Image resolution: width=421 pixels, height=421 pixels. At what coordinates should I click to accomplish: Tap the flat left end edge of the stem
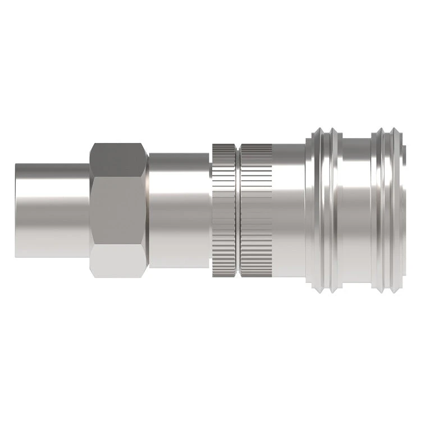[x=16, y=210]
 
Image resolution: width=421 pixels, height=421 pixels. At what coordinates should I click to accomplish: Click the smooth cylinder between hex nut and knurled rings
[x=180, y=210]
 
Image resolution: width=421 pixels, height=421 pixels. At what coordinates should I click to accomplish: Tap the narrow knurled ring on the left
[x=224, y=210]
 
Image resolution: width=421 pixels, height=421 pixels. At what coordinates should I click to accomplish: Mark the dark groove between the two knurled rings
[x=238, y=210]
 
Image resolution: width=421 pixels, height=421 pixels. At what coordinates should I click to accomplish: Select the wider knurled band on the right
[x=255, y=210]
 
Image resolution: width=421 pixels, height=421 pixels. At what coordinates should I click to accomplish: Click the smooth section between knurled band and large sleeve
[x=288, y=210]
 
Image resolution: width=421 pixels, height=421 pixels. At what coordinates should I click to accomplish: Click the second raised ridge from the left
[x=335, y=210]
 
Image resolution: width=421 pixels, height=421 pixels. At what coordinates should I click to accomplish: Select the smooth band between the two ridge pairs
[x=356, y=210]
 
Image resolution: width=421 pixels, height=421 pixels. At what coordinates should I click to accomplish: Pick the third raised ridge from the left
[x=378, y=210]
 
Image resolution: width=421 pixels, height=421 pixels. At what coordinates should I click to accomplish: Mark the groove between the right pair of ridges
[x=386, y=210]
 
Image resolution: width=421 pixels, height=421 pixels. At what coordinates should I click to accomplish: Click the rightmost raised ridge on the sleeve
[x=393, y=210]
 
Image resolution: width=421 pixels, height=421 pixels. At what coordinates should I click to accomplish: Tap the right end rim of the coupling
[x=401, y=210]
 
